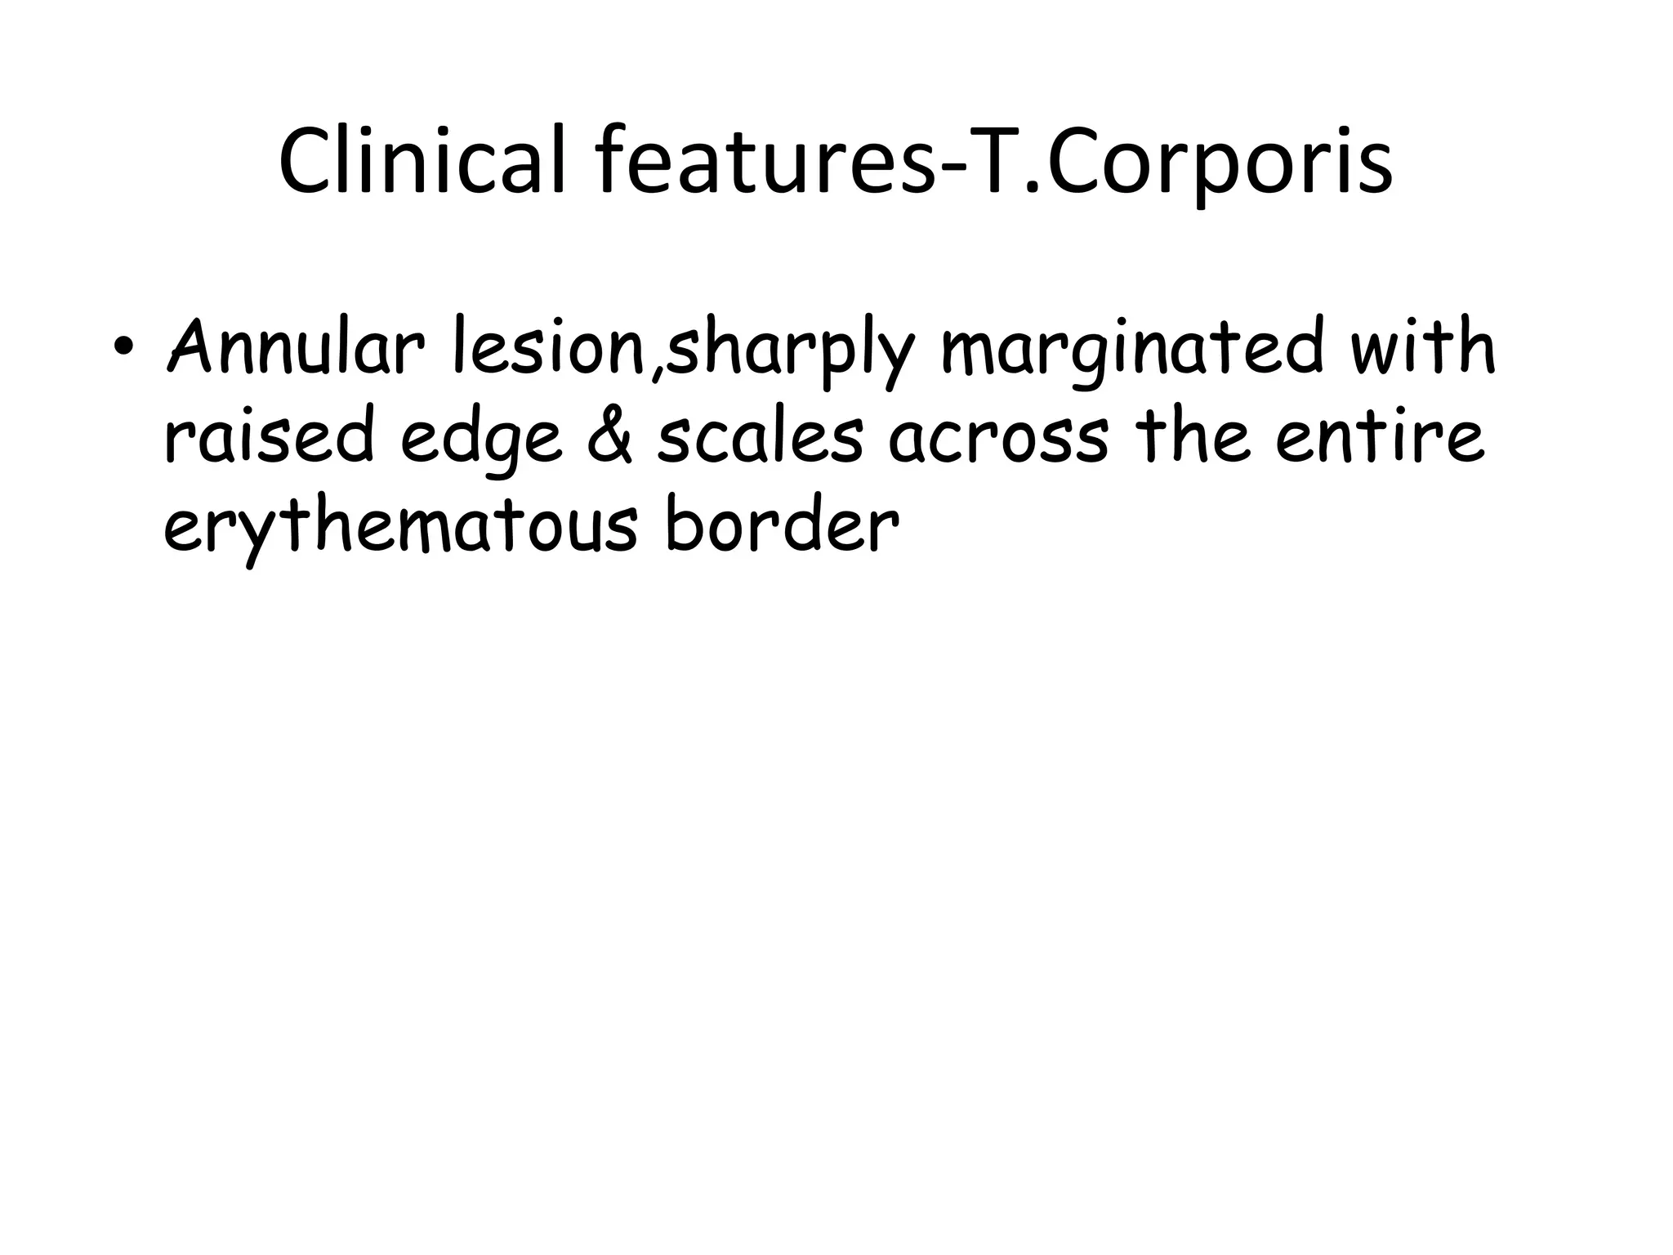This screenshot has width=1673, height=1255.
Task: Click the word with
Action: [1422, 347]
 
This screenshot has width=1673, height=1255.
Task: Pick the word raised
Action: [270, 437]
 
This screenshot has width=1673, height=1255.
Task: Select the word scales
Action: [760, 437]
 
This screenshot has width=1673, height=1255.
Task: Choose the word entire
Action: [1380, 437]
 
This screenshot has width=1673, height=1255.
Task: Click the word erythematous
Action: [400, 527]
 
